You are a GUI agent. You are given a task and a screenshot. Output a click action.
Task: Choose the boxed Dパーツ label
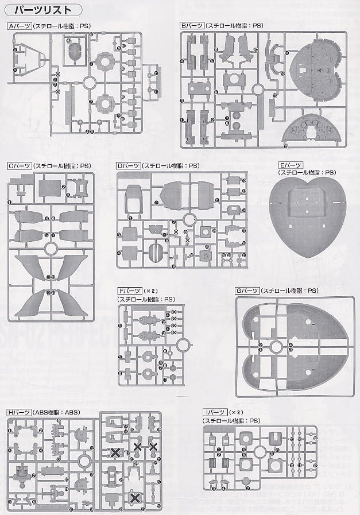(x=128, y=166)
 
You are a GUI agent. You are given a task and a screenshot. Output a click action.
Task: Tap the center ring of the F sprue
(x=183, y=345)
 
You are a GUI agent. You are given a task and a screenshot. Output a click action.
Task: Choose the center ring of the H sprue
(x=86, y=459)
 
